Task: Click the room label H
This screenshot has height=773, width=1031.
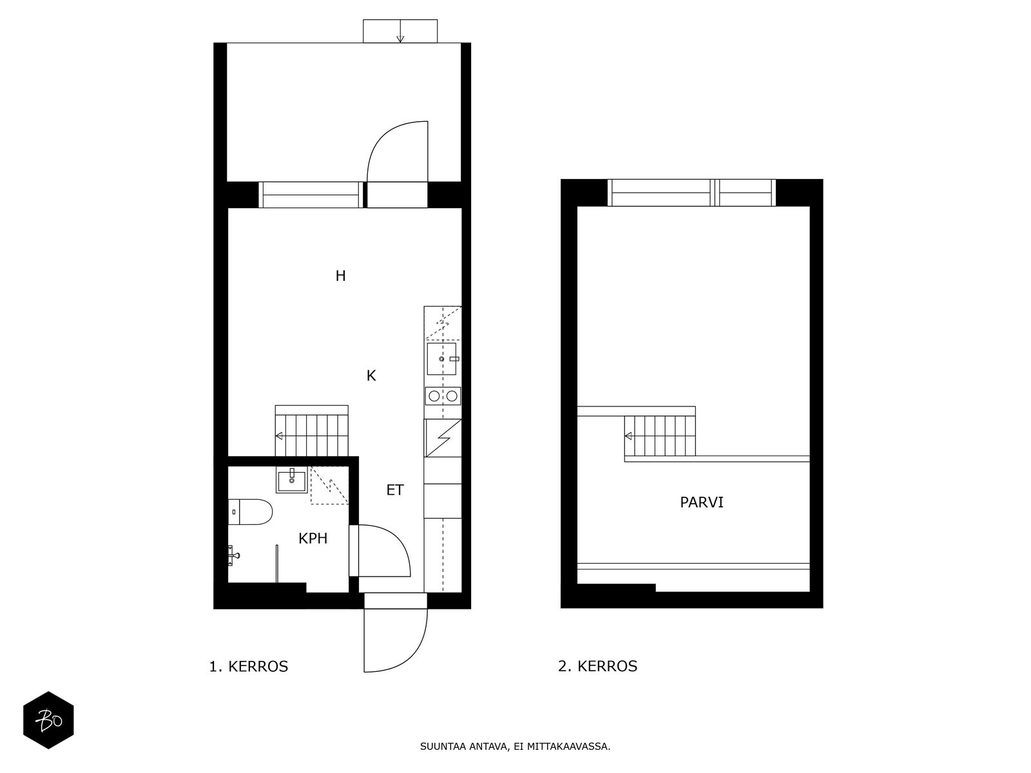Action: pyautogui.click(x=340, y=276)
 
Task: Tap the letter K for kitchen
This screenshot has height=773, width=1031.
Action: pyautogui.click(x=371, y=376)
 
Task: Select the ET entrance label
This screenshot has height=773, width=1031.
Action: pyautogui.click(x=394, y=490)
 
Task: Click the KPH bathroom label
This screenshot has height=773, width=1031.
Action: pyautogui.click(x=313, y=539)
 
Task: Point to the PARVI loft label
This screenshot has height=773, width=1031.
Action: pyautogui.click(x=702, y=502)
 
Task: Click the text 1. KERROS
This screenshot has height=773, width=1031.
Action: pyautogui.click(x=249, y=667)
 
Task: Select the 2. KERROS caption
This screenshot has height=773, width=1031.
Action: pyautogui.click(x=597, y=667)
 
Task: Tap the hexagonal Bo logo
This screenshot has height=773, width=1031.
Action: pyautogui.click(x=48, y=720)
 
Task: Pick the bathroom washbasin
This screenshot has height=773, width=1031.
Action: pyautogui.click(x=292, y=480)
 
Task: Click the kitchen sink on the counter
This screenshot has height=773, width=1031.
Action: pyautogui.click(x=442, y=358)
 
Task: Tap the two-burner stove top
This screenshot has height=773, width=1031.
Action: pyautogui.click(x=443, y=396)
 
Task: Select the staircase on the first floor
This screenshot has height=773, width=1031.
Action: pyautogui.click(x=312, y=430)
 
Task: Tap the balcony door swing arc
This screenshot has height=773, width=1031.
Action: pyautogui.click(x=396, y=151)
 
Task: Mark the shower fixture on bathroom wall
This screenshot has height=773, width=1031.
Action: pyautogui.click(x=233, y=553)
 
